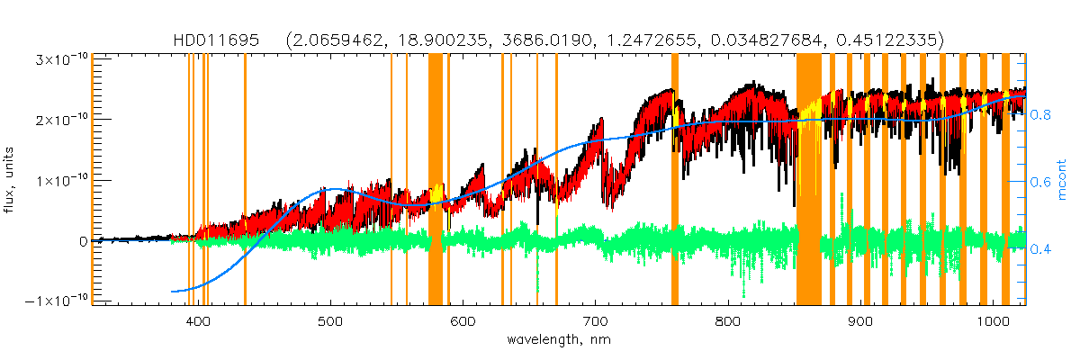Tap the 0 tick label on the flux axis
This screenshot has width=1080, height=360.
[83, 241]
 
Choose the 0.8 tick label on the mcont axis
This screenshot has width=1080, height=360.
[1041, 115]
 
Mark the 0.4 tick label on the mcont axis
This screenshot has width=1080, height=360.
[1041, 248]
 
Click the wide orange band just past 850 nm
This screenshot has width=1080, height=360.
[809, 180]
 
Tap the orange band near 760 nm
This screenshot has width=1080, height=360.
[675, 180]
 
